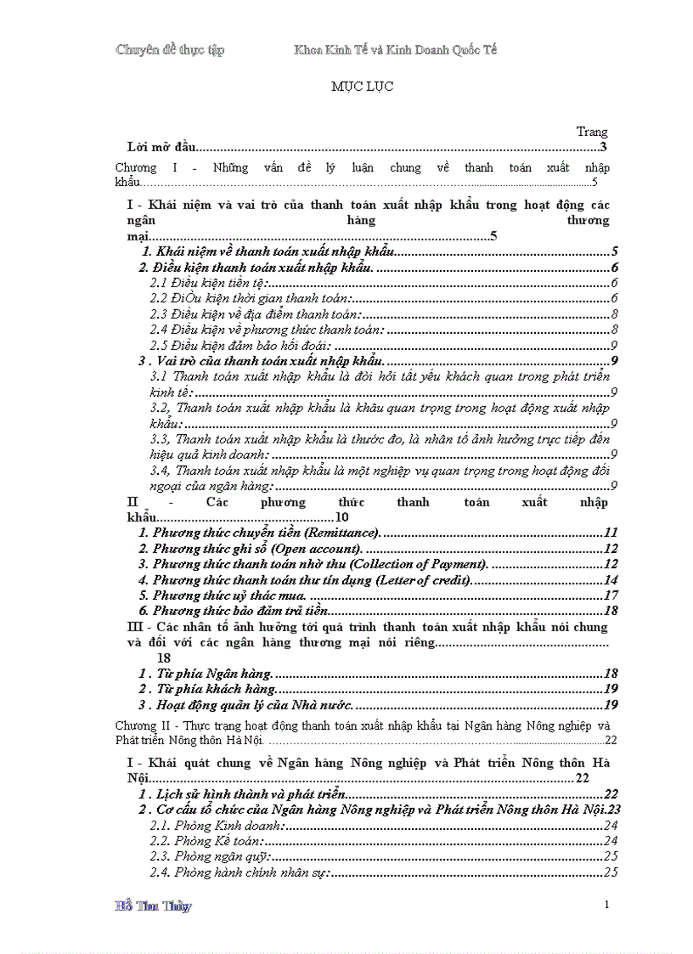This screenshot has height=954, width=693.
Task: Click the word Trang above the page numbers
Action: tap(592, 132)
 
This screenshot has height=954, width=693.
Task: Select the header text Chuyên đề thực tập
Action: tap(170, 50)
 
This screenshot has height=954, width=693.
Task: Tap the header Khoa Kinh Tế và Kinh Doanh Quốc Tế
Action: tap(395, 50)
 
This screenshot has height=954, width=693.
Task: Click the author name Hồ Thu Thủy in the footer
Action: tap(153, 906)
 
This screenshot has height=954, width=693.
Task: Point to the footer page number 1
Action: tap(607, 905)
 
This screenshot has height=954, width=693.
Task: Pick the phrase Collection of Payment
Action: tap(419, 565)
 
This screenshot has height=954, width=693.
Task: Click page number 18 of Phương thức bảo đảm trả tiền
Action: tap(610, 612)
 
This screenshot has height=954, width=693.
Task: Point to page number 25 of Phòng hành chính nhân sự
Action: tap(610, 872)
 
